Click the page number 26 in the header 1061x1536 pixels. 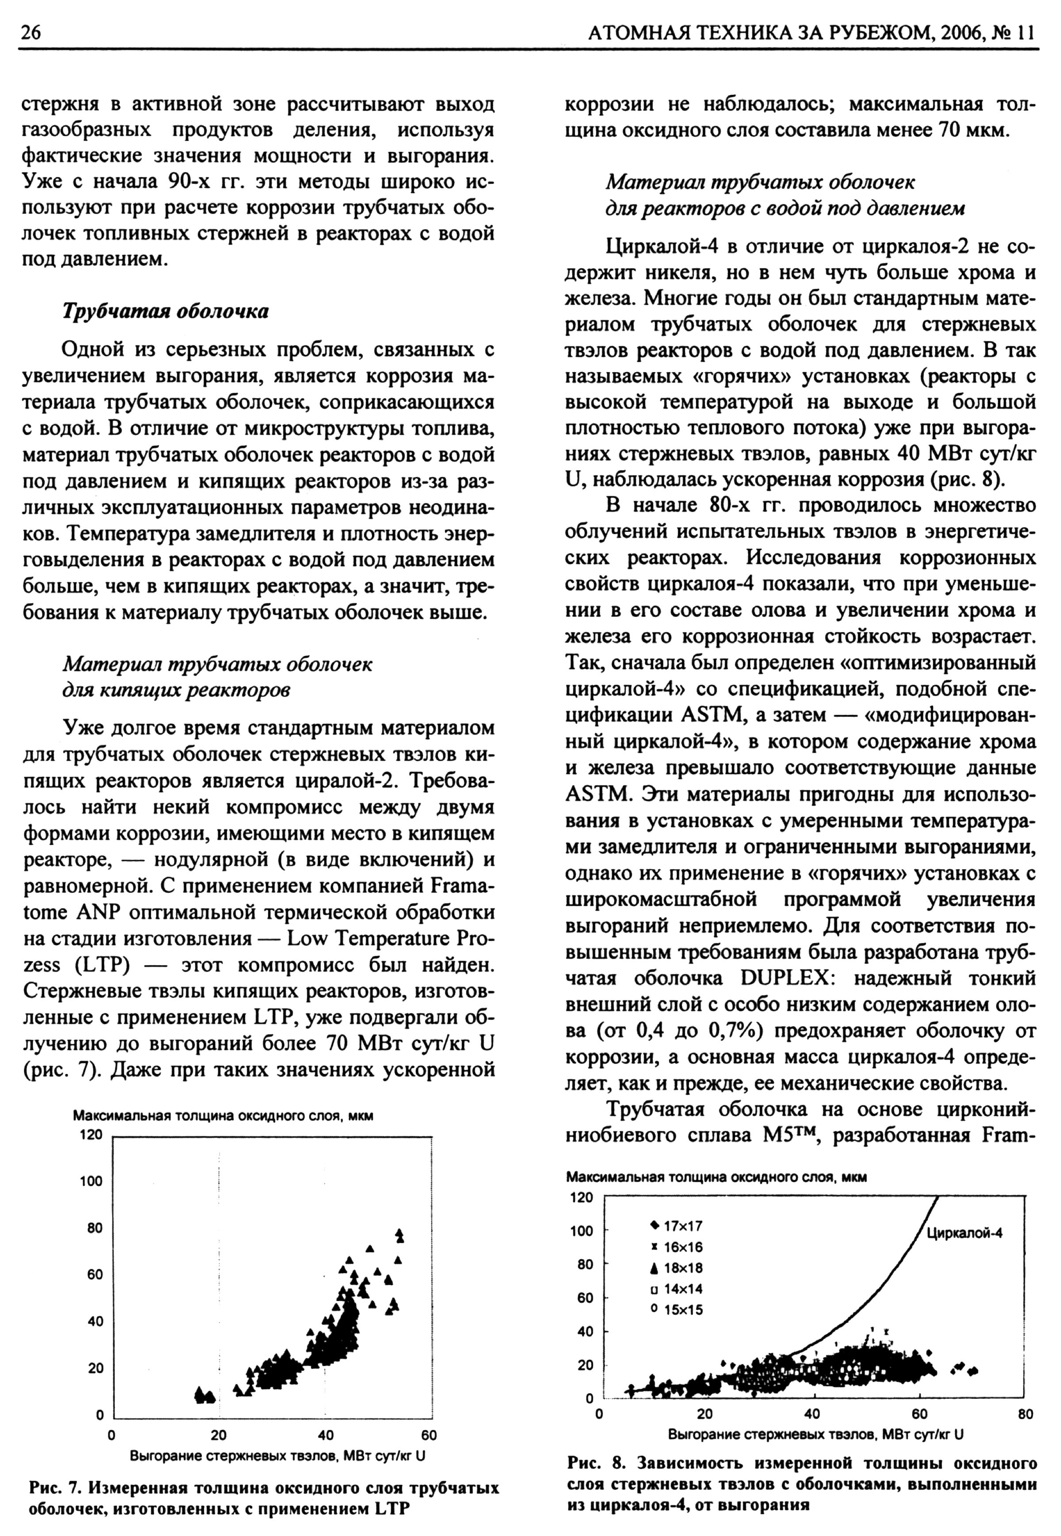31,31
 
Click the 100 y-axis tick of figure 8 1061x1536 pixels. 581,1231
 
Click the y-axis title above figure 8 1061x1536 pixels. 717,1177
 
